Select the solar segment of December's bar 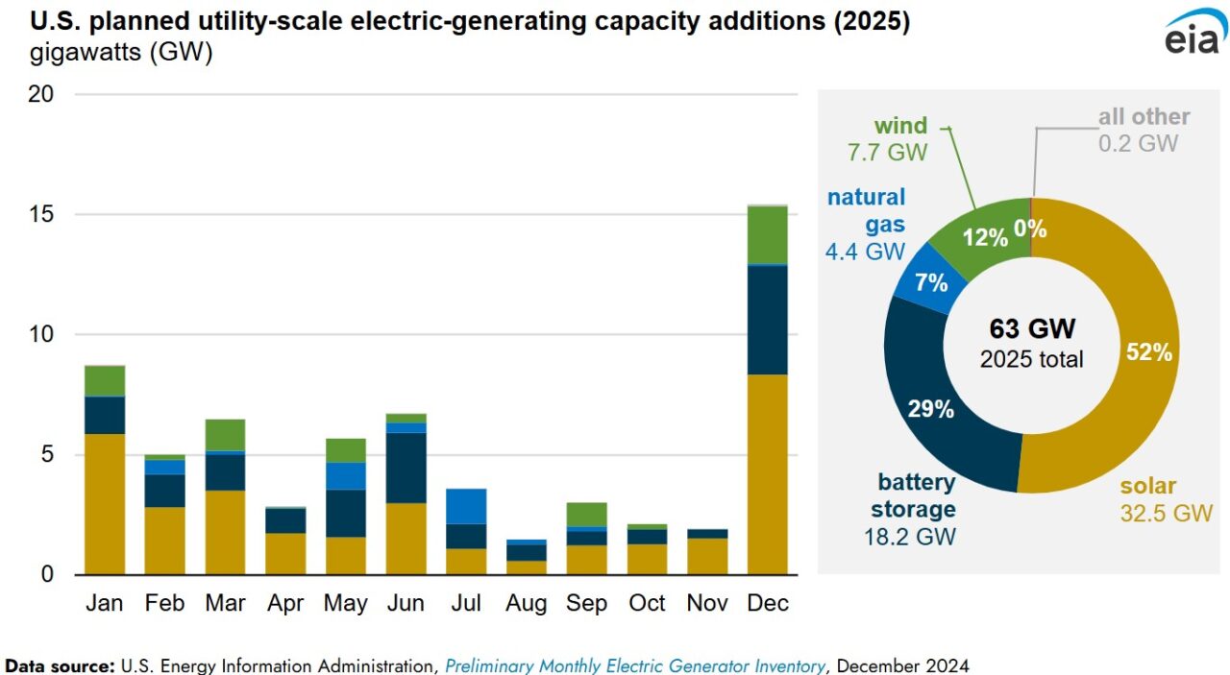click(767, 474)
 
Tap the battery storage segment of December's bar click(767, 319)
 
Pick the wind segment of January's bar click(105, 381)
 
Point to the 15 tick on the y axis click(39, 214)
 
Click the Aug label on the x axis click(526, 603)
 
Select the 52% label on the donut click(1148, 352)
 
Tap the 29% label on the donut click(930, 409)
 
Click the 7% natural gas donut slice click(930, 282)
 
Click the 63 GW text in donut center click(1031, 328)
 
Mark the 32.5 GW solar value click(1166, 514)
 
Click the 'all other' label click(1144, 117)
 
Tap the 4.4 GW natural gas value click(865, 252)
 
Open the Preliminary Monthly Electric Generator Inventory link click(635, 665)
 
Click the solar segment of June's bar click(406, 538)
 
